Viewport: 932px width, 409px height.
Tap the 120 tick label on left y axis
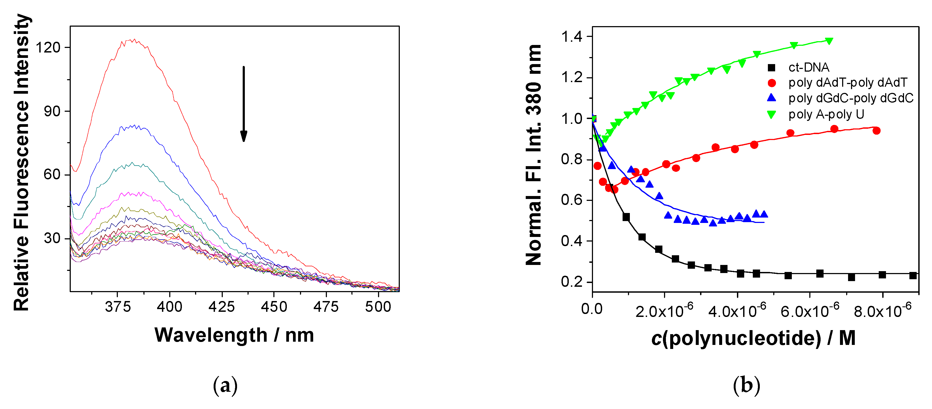[x=48, y=47]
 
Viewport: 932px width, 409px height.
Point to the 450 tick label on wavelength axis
[x=274, y=307]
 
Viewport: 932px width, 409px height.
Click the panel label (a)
[x=225, y=386]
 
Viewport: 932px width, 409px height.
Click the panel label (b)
[x=746, y=386]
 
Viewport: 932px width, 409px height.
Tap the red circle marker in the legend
[x=772, y=83]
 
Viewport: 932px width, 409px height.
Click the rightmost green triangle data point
[x=829, y=41]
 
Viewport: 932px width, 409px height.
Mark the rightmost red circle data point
[x=876, y=131]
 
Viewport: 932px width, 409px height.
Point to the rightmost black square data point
[x=913, y=275]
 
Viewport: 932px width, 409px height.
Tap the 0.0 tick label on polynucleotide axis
[x=592, y=309]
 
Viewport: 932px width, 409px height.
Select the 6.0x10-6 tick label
[x=809, y=310]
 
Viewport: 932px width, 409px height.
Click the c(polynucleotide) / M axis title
[x=753, y=338]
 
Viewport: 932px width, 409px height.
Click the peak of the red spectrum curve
[x=134, y=40]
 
